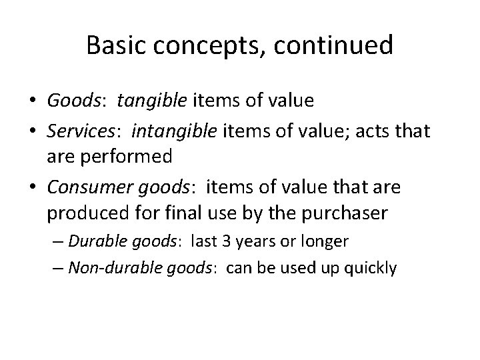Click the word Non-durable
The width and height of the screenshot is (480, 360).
[106, 268]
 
